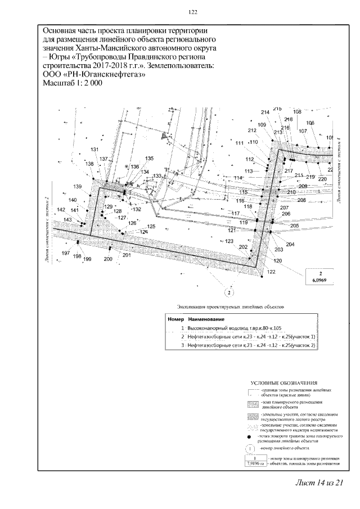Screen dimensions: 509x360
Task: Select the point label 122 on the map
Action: pos(271,272)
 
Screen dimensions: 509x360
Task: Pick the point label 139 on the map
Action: pos(78,187)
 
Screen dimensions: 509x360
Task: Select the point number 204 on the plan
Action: pos(290,245)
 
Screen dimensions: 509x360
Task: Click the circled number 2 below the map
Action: pos(229,291)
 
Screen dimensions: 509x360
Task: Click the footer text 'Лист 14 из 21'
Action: pos(318,483)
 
